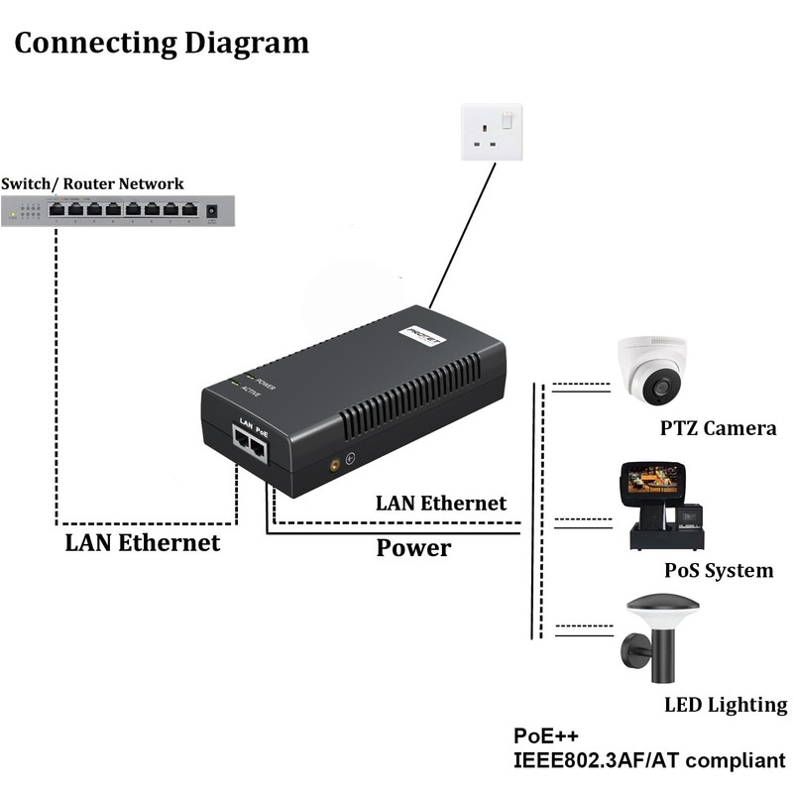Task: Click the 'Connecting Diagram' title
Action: (x=162, y=44)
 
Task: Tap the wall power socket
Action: (x=493, y=133)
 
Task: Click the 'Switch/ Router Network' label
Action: (x=92, y=183)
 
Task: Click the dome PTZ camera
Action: (x=651, y=370)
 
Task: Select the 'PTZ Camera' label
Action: (x=718, y=429)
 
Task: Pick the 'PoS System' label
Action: (x=719, y=571)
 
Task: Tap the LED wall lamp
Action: (x=656, y=634)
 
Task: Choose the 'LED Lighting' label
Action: (x=726, y=705)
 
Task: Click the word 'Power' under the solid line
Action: (x=413, y=547)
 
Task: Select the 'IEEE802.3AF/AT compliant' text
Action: (x=648, y=761)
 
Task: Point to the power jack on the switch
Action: (x=210, y=210)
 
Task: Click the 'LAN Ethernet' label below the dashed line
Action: (x=143, y=542)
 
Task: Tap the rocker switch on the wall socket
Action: (x=508, y=121)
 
